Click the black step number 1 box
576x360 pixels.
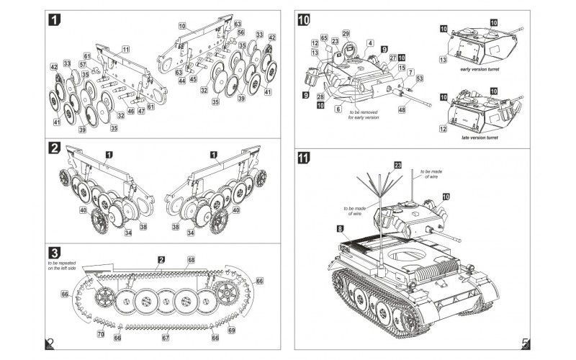(53, 21)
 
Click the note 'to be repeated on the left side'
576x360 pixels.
(63, 266)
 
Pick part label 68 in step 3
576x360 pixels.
(191, 259)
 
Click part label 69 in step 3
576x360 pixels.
(231, 330)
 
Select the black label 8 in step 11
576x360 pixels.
(339, 229)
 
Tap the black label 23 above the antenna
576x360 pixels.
(397, 166)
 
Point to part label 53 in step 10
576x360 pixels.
(419, 78)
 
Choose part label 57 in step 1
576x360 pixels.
(83, 64)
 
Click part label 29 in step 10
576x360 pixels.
(346, 33)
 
